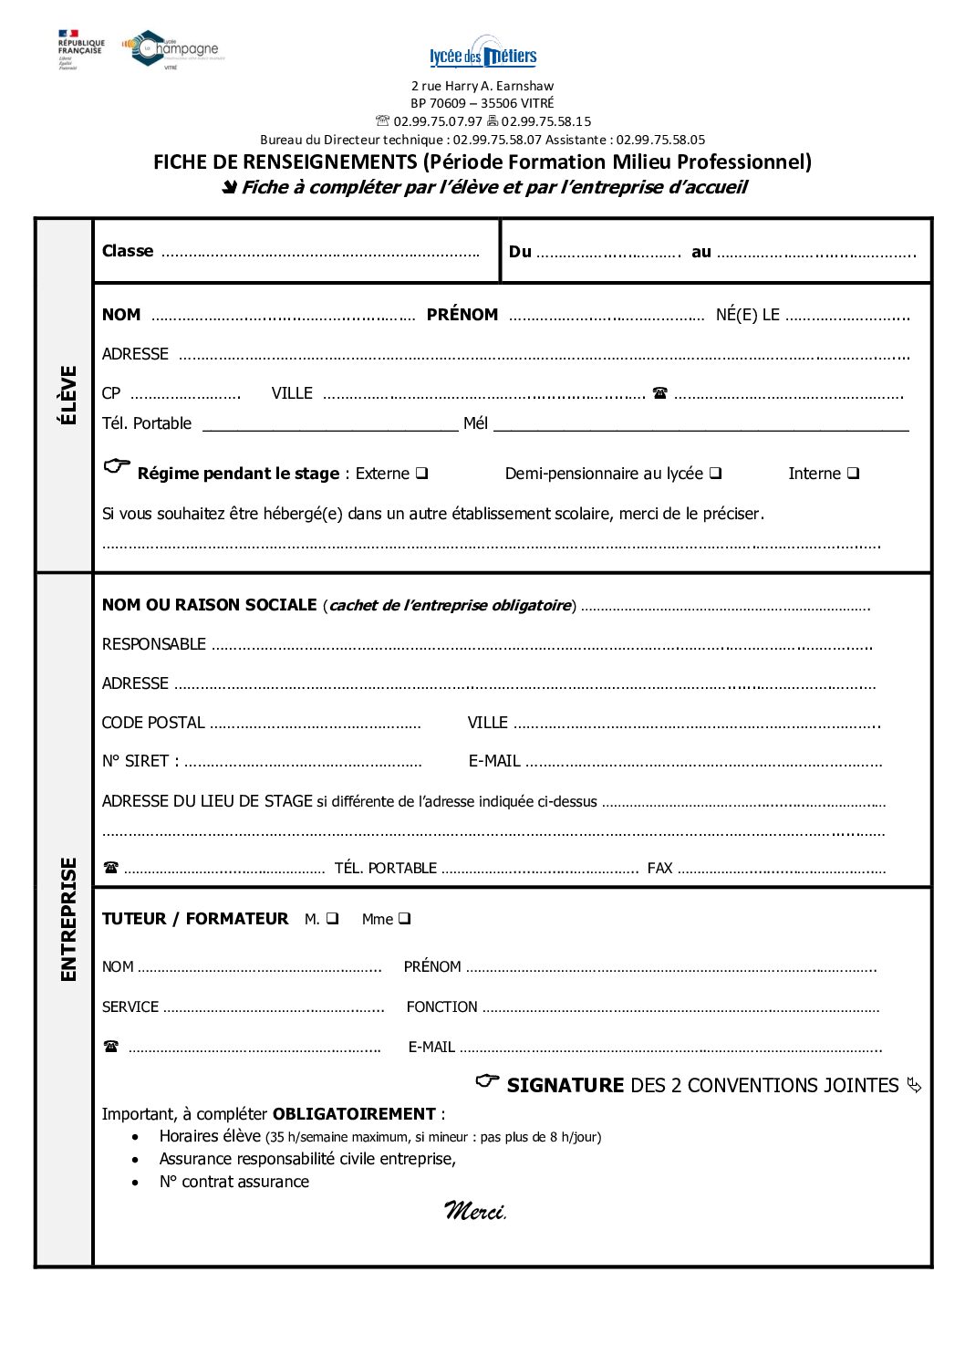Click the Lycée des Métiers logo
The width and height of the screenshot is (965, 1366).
tap(482, 55)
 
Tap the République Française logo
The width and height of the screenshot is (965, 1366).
tap(80, 48)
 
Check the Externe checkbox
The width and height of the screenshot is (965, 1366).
tap(422, 474)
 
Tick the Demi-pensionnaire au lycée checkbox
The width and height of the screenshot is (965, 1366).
tap(716, 474)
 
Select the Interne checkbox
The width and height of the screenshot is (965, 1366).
tap(853, 474)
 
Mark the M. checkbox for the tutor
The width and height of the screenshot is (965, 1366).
tap(332, 919)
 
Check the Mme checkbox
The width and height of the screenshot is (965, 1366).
tap(404, 919)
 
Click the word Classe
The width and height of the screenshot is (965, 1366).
tap(128, 251)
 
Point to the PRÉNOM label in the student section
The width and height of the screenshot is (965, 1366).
tap(462, 315)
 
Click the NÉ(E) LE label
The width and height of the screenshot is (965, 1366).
tap(748, 315)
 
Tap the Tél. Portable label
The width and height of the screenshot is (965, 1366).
tap(147, 423)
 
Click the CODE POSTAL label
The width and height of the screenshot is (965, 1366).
tap(153, 723)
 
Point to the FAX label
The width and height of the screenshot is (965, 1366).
tap(659, 868)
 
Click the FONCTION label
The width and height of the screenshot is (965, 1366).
tap(442, 1007)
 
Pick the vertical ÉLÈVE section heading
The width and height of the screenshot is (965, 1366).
tap(67, 395)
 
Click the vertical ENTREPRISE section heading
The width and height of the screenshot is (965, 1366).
tap(67, 920)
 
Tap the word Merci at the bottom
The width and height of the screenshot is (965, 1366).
tap(474, 1211)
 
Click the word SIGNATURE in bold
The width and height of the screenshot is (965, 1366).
tap(566, 1086)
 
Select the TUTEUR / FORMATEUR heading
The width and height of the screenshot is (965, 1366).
tap(195, 919)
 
